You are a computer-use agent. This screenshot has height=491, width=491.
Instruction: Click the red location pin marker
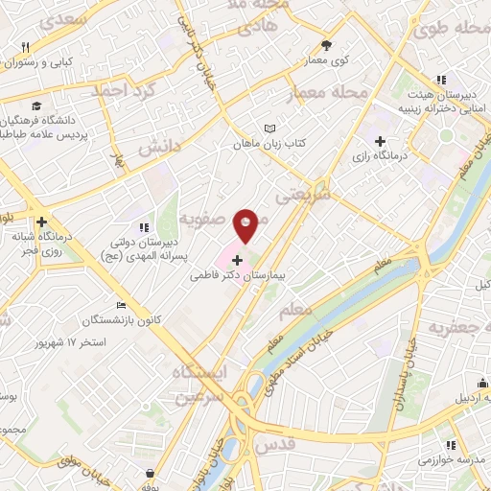tap(246, 224)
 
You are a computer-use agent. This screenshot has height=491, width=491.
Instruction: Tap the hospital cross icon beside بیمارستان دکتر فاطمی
tap(238, 260)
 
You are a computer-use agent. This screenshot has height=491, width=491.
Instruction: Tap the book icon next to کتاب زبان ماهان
tap(269, 129)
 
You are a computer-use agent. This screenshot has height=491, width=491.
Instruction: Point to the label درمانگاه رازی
tap(380, 154)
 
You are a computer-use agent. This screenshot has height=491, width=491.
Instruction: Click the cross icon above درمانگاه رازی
tap(381, 141)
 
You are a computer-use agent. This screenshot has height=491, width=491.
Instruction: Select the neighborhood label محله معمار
tap(326, 93)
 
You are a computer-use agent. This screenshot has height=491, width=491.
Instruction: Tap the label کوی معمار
tap(327, 59)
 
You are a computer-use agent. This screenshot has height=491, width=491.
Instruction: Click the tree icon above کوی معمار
tap(327, 45)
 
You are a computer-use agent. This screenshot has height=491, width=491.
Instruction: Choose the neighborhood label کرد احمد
tap(123, 91)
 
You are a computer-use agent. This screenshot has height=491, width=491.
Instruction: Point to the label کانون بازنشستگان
tap(85, 318)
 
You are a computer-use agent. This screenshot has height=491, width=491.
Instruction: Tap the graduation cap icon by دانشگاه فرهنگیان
tap(36, 105)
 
